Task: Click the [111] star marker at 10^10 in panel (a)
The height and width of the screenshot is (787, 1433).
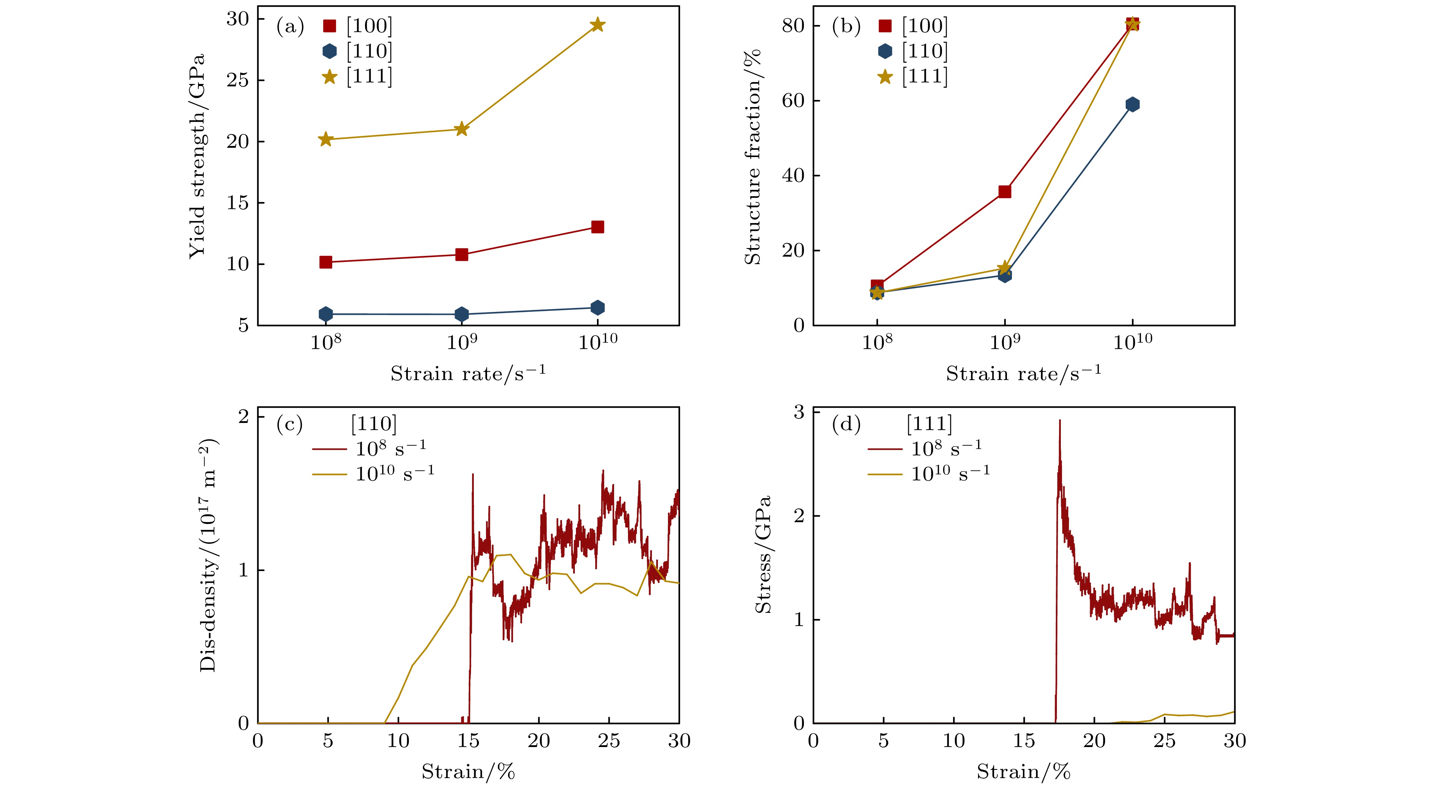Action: pyautogui.click(x=597, y=25)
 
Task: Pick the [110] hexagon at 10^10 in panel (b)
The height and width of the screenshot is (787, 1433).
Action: pyautogui.click(x=1132, y=105)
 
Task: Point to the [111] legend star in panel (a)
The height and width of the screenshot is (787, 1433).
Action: pyautogui.click(x=330, y=77)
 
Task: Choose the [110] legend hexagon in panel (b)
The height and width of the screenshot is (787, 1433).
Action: pyautogui.click(x=885, y=51)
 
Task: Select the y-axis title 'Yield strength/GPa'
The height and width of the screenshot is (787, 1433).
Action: pyautogui.click(x=197, y=156)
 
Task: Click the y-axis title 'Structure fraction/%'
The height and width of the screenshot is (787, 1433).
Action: pyautogui.click(x=752, y=156)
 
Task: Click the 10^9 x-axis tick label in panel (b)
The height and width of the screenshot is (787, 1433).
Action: pyautogui.click(x=1005, y=340)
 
